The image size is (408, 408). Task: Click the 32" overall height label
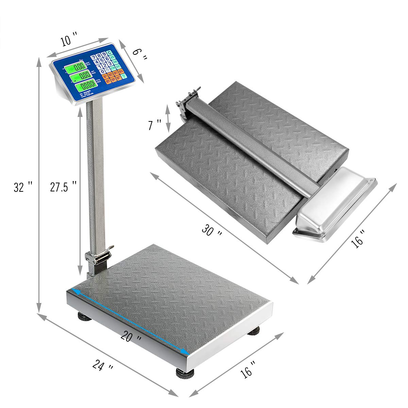23,187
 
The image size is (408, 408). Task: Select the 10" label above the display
69,41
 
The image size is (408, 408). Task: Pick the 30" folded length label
212,231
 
